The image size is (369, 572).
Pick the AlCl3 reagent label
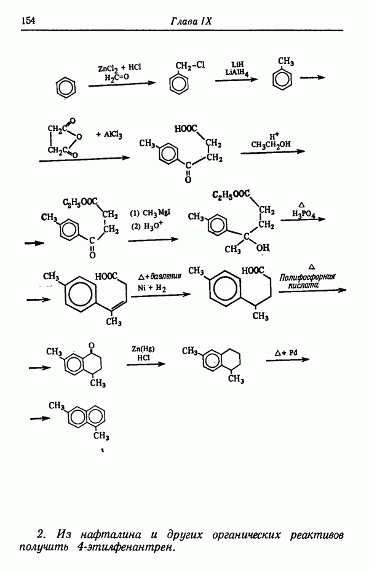(111, 134)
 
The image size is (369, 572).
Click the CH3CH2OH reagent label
(271, 145)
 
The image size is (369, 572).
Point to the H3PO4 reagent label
(302, 213)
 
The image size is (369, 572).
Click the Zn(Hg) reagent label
(143, 349)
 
